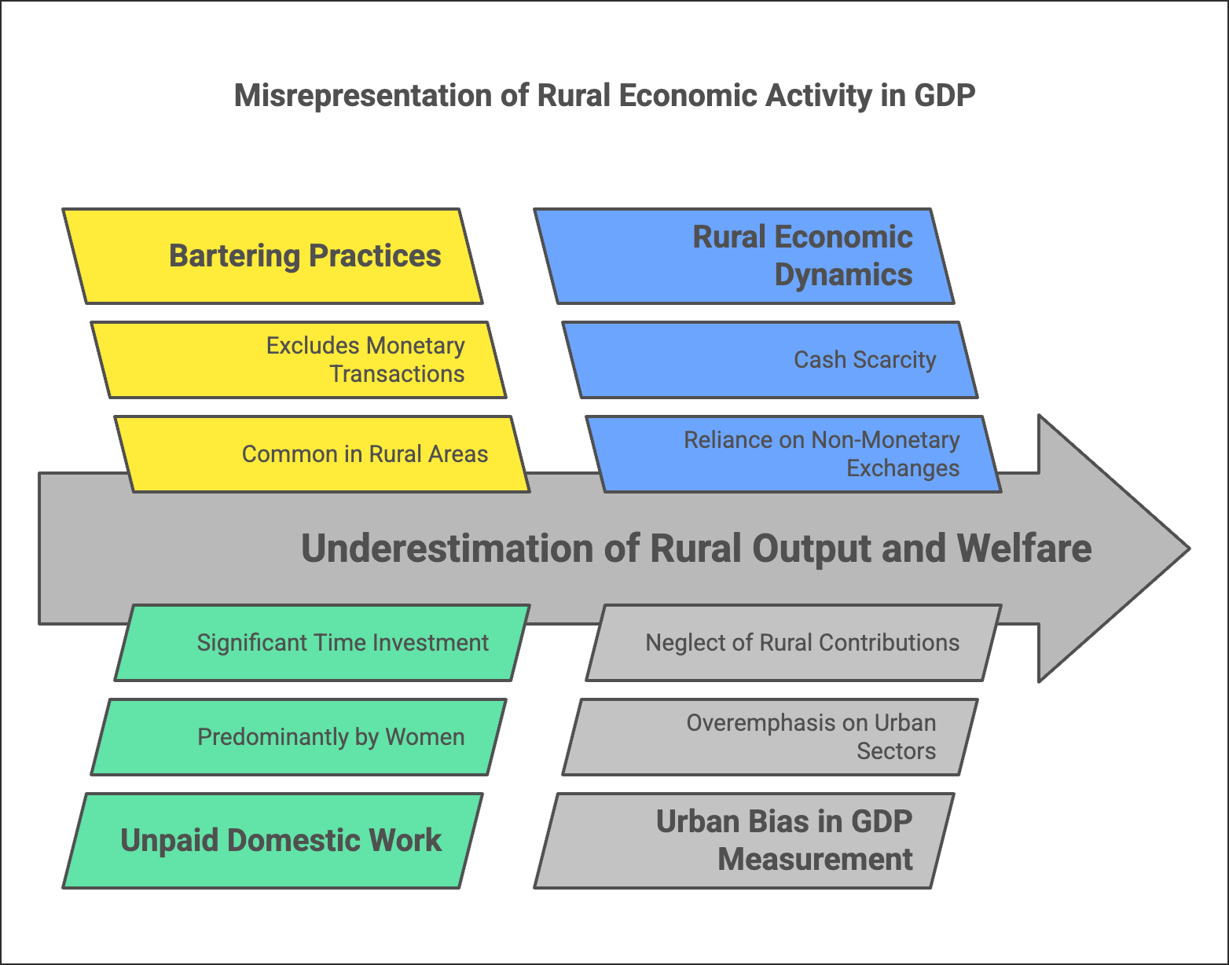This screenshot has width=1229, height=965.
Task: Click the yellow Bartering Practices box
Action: tap(272, 256)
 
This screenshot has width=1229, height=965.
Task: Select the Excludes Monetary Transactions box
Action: tap(299, 360)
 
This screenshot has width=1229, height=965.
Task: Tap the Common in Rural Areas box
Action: tap(322, 454)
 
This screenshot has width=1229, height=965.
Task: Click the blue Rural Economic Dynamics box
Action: tap(743, 256)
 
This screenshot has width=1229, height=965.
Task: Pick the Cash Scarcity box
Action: tap(770, 360)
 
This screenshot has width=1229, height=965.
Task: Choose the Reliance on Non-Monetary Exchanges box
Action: tap(794, 454)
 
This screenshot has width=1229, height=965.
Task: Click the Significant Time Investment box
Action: tap(322, 643)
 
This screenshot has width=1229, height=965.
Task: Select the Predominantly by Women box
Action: tap(299, 737)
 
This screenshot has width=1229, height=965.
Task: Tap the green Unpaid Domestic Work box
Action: tap(272, 841)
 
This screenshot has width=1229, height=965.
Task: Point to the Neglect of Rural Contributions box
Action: tap(794, 643)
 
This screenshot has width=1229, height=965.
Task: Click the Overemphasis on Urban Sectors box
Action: tap(770, 737)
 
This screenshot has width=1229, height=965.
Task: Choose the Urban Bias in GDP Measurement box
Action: tap(743, 841)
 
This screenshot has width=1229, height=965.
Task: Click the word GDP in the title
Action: tap(945, 96)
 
